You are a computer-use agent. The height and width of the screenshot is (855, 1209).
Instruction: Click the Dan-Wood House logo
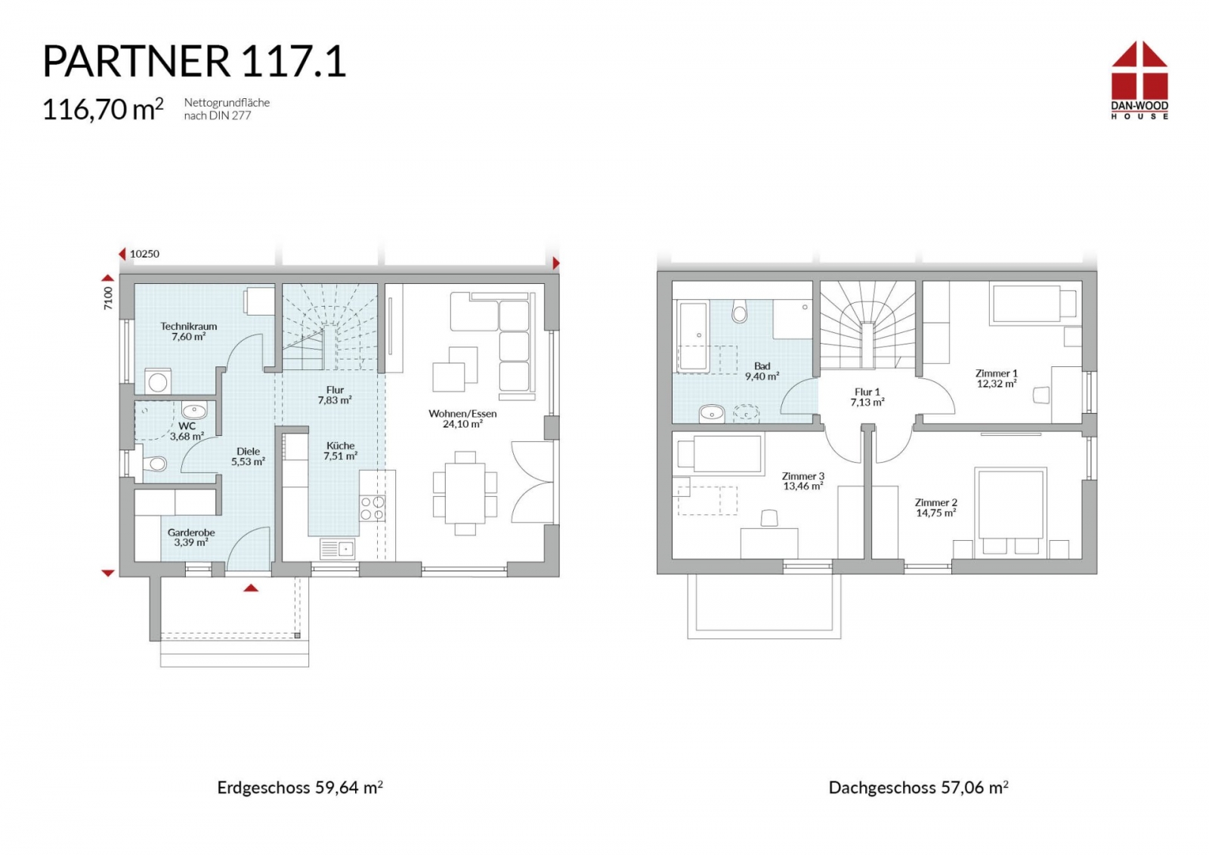click(1139, 80)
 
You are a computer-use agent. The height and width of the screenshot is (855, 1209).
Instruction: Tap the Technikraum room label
click(188, 326)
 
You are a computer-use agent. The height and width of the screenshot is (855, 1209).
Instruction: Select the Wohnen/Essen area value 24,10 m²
click(462, 424)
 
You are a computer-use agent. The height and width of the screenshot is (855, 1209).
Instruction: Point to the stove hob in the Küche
click(373, 508)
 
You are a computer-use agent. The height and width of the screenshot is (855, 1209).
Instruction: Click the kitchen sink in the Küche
click(337, 549)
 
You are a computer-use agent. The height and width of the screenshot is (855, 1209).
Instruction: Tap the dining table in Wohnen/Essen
click(465, 493)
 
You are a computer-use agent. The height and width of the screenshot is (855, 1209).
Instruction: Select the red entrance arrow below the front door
click(250, 588)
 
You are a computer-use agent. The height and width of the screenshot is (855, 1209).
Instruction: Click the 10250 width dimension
click(144, 254)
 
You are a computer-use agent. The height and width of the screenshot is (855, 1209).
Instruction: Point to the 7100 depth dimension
click(108, 298)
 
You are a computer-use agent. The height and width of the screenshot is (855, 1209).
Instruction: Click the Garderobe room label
click(191, 532)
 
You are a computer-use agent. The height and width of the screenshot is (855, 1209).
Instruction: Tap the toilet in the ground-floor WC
click(155, 463)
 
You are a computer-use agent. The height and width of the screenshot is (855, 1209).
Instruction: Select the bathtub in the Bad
click(692, 337)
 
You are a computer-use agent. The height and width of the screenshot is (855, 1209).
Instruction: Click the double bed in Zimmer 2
click(1010, 511)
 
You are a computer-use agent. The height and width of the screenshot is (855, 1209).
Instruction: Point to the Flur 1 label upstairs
click(867, 392)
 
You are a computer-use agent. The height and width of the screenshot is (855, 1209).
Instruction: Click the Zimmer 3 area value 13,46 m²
click(803, 486)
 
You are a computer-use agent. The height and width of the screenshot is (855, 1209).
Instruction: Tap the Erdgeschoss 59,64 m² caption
click(300, 788)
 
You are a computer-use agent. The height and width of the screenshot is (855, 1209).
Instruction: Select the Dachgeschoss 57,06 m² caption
click(918, 788)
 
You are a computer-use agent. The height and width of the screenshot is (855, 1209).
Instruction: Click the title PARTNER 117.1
click(194, 61)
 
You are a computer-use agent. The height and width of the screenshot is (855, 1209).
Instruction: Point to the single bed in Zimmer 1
click(1033, 304)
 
